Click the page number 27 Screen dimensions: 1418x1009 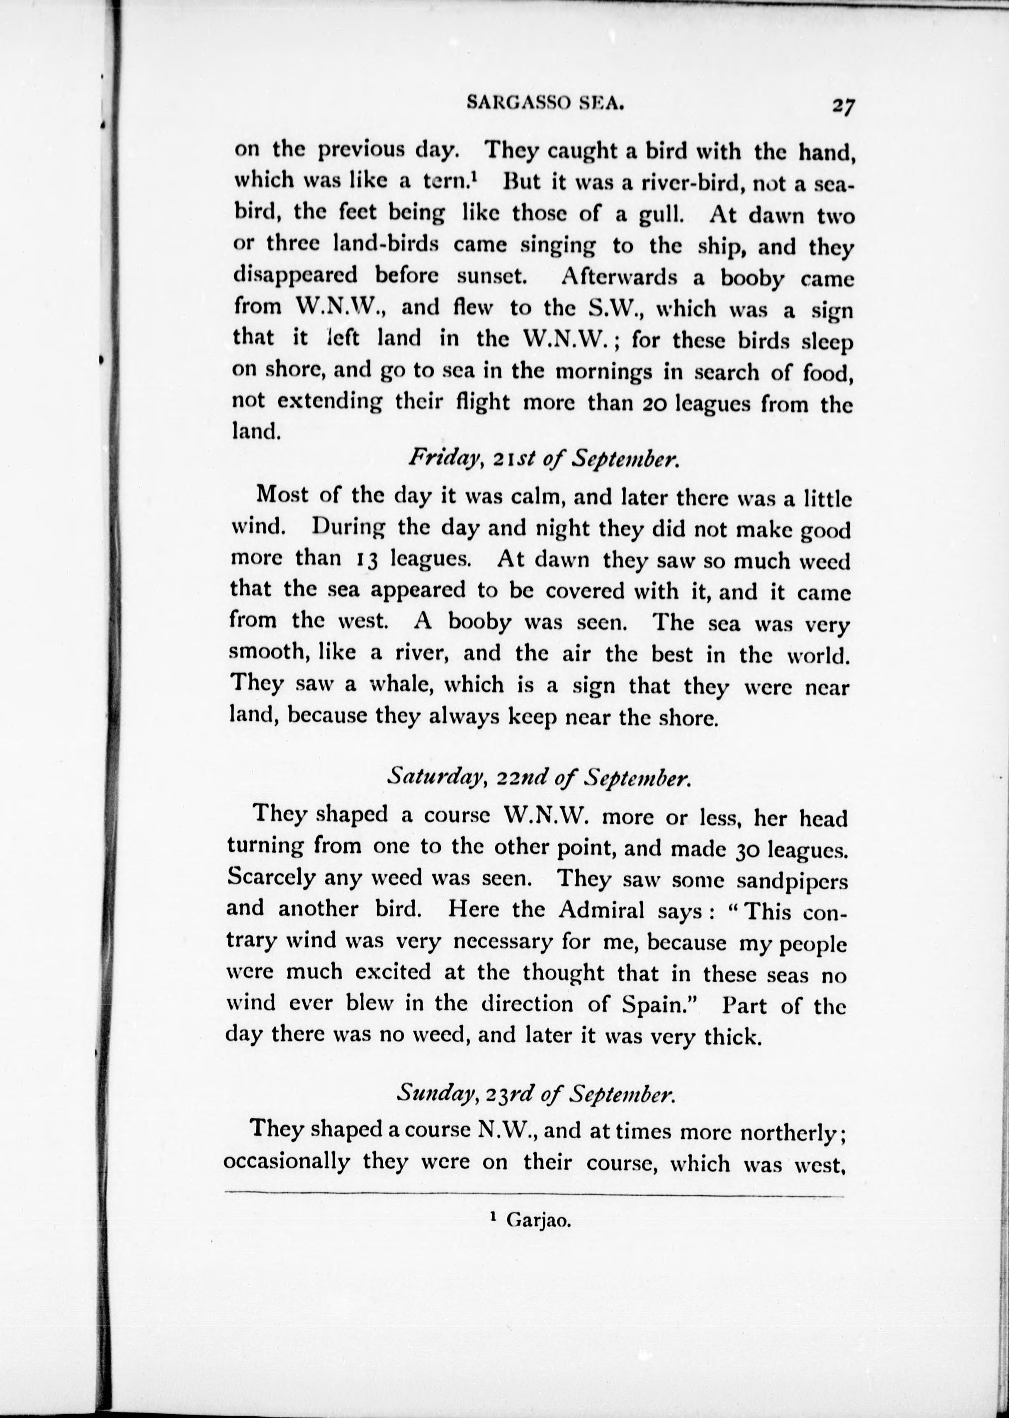pos(844,106)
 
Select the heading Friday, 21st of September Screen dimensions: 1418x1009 pos(542,459)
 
